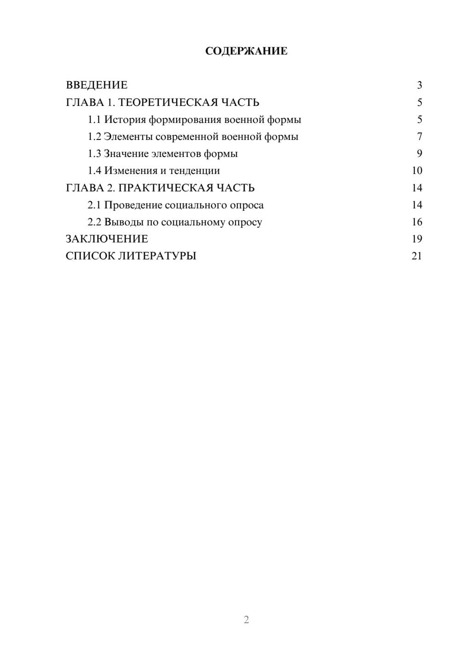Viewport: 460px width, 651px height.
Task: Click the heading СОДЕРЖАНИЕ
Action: point(246,51)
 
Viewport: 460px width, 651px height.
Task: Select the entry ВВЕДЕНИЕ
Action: point(97,85)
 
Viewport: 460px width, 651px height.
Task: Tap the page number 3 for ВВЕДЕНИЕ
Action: point(419,85)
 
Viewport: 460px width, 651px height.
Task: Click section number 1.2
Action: point(94,137)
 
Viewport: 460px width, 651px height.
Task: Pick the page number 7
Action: point(419,137)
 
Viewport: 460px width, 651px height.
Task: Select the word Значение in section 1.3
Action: point(126,154)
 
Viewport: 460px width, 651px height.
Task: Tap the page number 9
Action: point(419,154)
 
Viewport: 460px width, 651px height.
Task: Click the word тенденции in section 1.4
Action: point(194,171)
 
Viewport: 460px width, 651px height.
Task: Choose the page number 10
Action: point(417,171)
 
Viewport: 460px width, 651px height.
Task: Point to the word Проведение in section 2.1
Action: point(133,205)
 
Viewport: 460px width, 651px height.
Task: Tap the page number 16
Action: point(417,222)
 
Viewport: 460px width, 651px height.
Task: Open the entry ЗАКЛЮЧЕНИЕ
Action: point(107,239)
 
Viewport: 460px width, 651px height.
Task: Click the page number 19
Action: point(417,239)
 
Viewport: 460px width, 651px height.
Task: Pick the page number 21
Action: point(417,256)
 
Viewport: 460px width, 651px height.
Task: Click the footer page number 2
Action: point(246,620)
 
